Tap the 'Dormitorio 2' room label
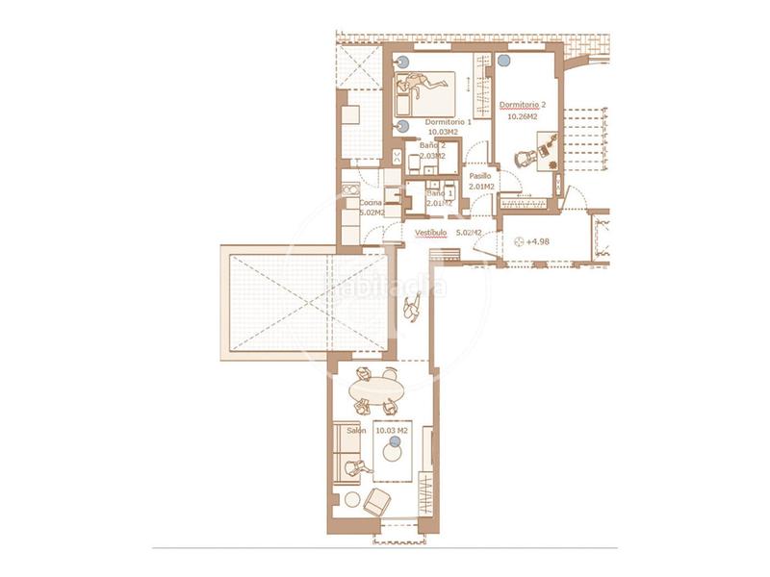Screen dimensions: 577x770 click(x=524, y=104)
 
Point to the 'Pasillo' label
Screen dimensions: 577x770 click(x=480, y=177)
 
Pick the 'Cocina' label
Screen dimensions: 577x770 click(x=372, y=204)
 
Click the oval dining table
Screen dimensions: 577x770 click(x=376, y=390)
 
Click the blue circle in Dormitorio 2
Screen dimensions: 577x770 click(x=504, y=61)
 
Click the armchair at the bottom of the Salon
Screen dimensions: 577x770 click(x=378, y=500)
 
